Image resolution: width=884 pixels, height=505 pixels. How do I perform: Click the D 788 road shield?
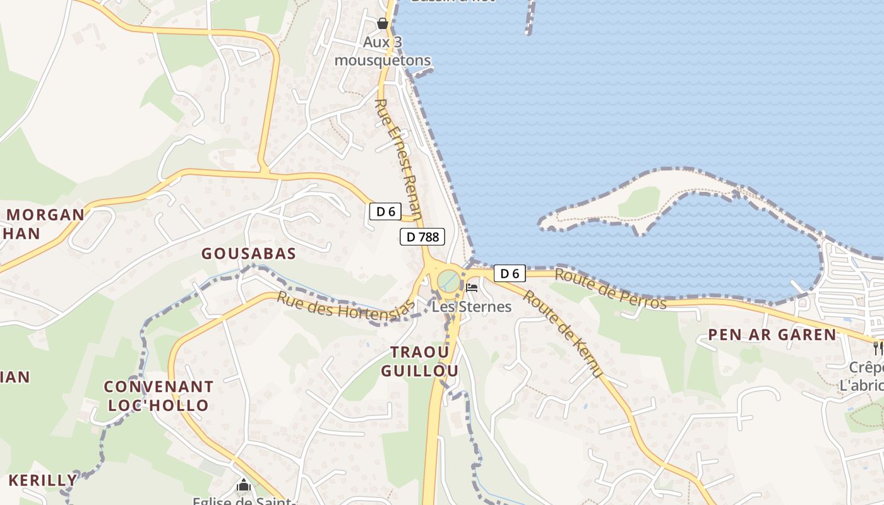(422, 237)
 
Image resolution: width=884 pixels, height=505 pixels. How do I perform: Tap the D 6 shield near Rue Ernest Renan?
(385, 212)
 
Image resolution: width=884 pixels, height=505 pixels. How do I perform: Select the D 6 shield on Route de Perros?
(510, 273)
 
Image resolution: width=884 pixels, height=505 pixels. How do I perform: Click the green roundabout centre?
(449, 280)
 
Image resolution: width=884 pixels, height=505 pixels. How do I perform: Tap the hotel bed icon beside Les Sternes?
(471, 288)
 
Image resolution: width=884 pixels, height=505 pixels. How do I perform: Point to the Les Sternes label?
(472, 307)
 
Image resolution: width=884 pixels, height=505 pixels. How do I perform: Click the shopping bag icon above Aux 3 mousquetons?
(383, 24)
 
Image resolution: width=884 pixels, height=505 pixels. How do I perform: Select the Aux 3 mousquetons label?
(383, 52)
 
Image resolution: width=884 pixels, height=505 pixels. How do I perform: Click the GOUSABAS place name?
(249, 254)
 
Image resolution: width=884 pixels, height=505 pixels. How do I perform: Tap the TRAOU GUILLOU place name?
(419, 361)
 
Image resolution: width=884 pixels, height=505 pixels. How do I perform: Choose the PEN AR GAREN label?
(772, 335)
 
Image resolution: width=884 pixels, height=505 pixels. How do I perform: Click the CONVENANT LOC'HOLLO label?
(158, 396)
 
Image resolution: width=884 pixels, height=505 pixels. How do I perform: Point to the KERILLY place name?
(42, 480)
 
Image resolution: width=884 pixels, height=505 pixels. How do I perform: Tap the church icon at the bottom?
(244, 485)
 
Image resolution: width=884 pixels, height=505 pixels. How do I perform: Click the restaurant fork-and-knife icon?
(878, 348)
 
